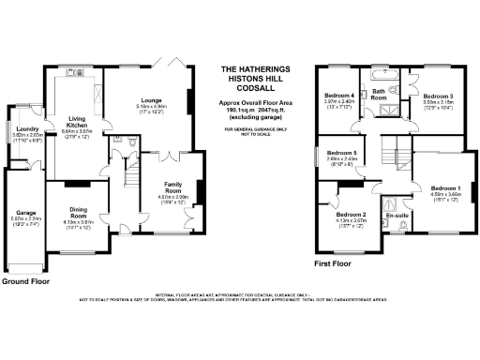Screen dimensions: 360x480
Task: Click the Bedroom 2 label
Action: pyautogui.click(x=351, y=215)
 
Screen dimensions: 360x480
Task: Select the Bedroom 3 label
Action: pyautogui.click(x=438, y=96)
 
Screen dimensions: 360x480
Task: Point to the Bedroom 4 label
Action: pyautogui.click(x=339, y=96)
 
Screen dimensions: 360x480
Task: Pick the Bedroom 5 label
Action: pyautogui.click(x=339, y=153)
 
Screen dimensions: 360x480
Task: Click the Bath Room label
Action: pyautogui.click(x=381, y=93)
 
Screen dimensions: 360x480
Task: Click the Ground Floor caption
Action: pyautogui.click(x=25, y=281)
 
